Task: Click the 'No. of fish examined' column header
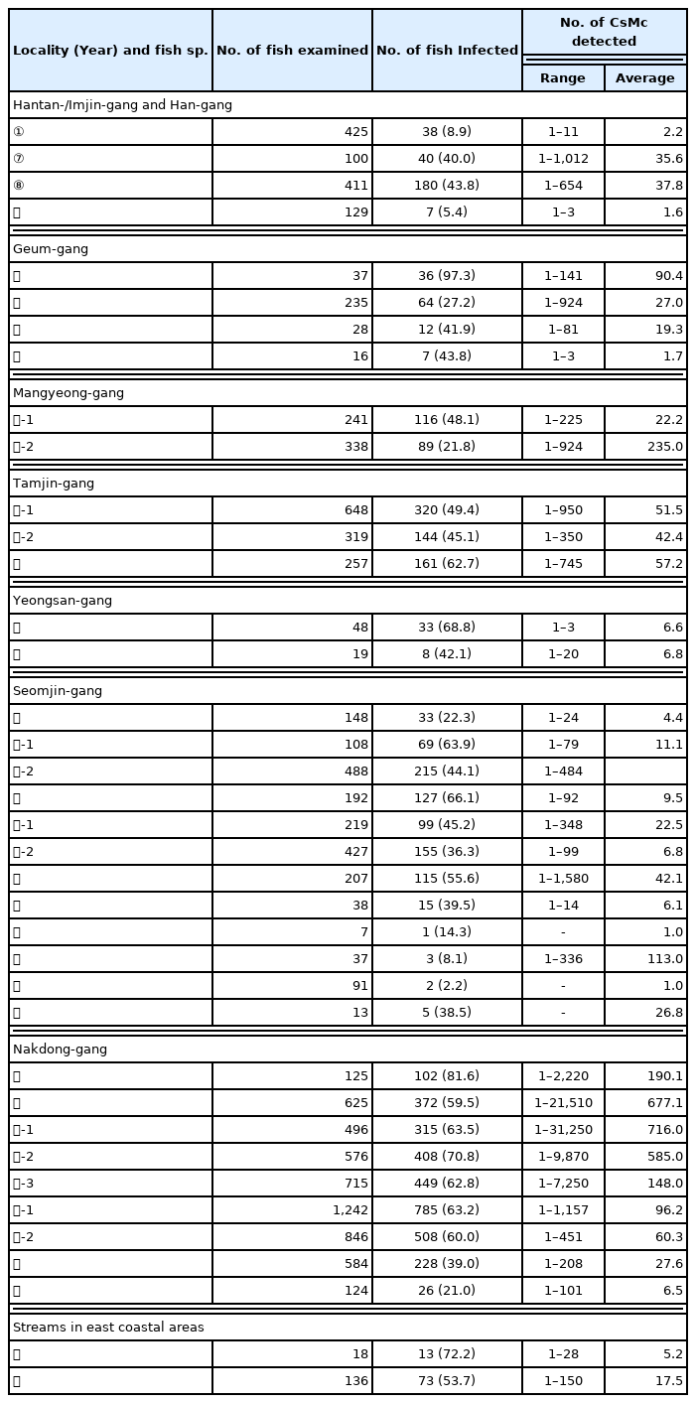292,51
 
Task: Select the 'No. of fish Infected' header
447,51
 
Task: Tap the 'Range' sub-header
562,77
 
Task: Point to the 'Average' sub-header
644,77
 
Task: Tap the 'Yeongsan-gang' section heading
62,600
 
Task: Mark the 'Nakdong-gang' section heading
59,1049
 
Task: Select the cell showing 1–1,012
562,159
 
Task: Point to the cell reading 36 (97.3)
447,275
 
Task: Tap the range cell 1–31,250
562,1129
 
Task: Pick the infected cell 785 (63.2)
447,1209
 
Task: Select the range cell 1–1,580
562,879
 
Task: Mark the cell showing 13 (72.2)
447,1353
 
